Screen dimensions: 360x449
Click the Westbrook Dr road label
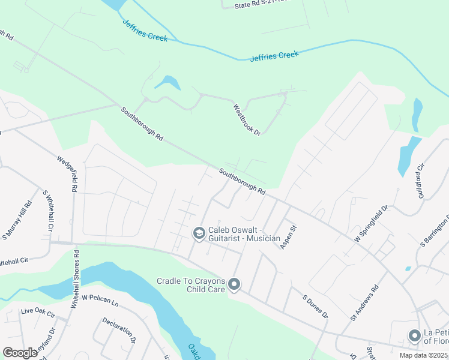pyautogui.click(x=247, y=119)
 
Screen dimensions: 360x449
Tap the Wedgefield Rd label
pyautogui.click(x=67, y=174)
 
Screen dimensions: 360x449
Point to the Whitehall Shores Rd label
pyautogui.click(x=75, y=279)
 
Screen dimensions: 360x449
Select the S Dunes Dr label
pyautogui.click(x=315, y=306)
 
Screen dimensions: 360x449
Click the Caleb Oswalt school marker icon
pyautogui.click(x=199, y=233)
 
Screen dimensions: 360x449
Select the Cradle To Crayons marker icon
pyautogui.click(x=234, y=284)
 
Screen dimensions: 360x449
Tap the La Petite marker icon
pyautogui.click(x=414, y=336)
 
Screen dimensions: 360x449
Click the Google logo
pyautogui.click(x=20, y=353)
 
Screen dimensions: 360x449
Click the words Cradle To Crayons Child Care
pyautogui.click(x=190, y=284)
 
